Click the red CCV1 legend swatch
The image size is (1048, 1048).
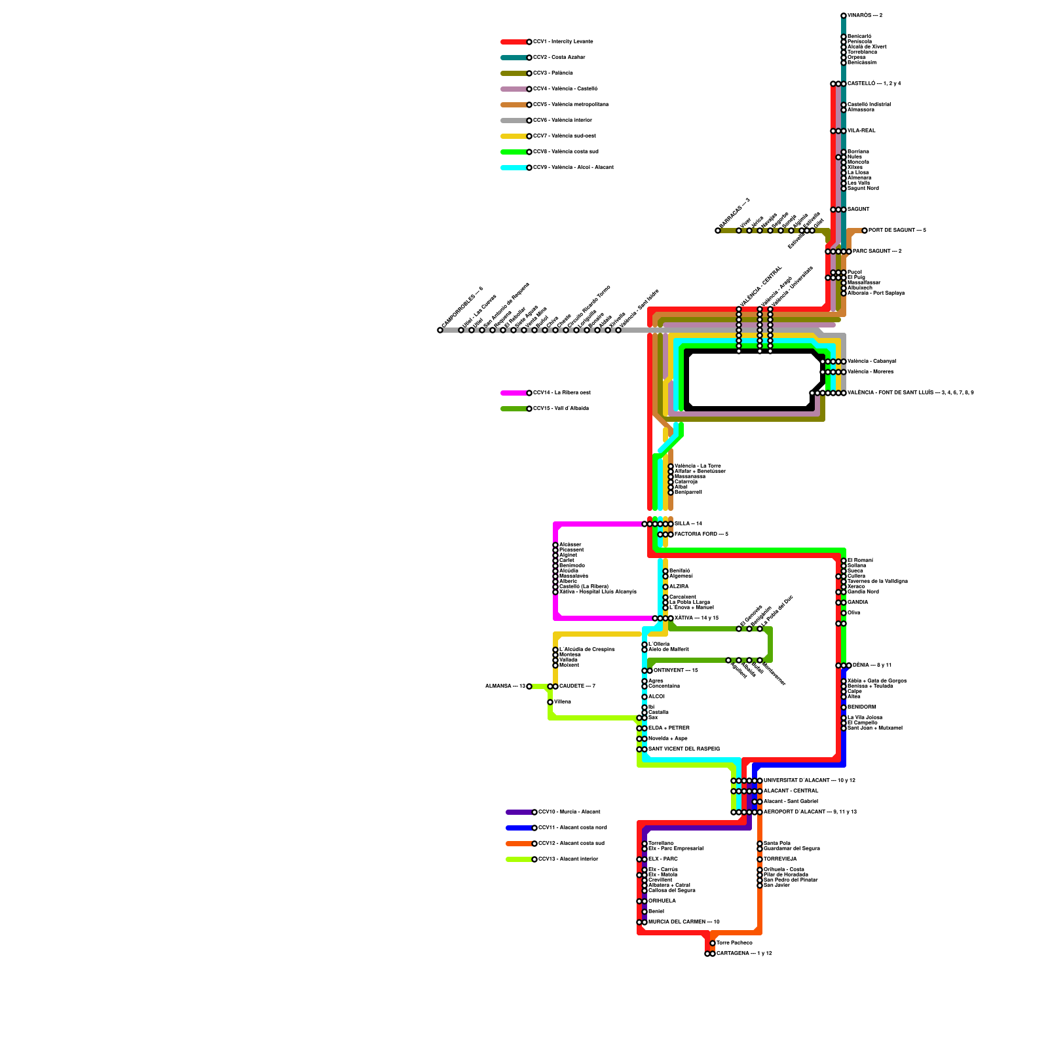tap(514, 42)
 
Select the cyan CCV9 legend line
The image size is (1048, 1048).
tap(514, 168)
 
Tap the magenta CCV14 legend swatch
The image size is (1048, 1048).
tap(514, 393)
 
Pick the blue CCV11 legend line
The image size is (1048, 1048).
tap(519, 828)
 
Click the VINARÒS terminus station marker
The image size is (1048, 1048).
tap(844, 16)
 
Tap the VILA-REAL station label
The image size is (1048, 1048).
tap(861, 131)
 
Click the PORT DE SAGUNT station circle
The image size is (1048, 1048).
tap(865, 231)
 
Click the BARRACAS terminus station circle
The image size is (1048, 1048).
tap(718, 231)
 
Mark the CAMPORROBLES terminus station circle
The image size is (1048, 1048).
tap(440, 330)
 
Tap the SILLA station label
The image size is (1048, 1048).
tap(688, 524)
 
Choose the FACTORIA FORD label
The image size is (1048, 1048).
tap(701, 534)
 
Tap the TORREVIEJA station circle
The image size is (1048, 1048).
tap(760, 859)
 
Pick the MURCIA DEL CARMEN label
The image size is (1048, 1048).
tap(684, 922)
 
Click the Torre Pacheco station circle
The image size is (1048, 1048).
tap(713, 943)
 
